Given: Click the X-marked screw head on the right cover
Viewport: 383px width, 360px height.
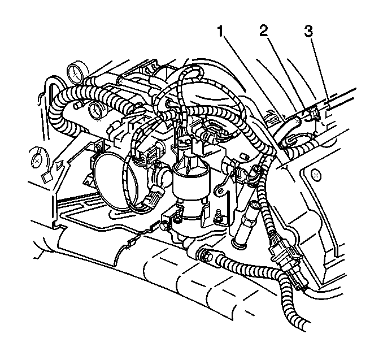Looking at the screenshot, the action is click(316, 175).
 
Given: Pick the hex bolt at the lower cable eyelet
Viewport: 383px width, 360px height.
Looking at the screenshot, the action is click(206, 255).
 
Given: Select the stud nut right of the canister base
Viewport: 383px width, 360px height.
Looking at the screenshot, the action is click(216, 216).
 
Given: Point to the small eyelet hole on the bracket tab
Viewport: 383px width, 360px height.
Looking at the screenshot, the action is click(220, 190).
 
